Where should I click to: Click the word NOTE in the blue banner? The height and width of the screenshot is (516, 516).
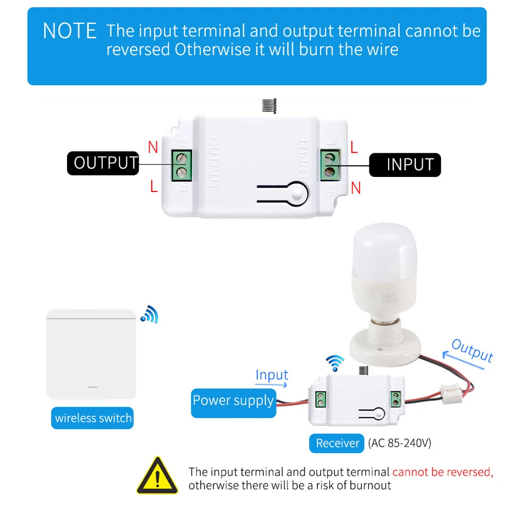70,31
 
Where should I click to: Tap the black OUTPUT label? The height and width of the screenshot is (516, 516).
103,163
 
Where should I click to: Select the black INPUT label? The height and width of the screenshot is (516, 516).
405,165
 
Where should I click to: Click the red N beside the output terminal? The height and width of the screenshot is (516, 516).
153,147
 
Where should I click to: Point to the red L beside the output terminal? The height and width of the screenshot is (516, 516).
154,186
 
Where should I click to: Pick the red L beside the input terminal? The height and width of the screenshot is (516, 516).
354,148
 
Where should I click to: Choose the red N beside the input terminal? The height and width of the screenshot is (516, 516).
356,188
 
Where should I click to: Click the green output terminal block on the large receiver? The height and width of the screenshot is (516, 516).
182,165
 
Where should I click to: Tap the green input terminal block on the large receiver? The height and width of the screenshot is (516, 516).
330,165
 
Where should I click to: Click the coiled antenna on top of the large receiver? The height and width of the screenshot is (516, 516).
269,106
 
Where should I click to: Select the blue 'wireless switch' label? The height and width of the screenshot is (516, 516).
92,418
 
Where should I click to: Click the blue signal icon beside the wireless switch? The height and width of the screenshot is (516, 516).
150,314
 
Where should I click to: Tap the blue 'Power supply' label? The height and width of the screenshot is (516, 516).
233,403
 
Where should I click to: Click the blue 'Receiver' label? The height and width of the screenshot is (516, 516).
336,443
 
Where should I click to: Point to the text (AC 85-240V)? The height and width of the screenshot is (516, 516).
399,443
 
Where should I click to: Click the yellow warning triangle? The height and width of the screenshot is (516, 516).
157,476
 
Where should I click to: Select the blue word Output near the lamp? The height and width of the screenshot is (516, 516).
472,351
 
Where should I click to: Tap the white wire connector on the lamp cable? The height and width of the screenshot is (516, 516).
451,394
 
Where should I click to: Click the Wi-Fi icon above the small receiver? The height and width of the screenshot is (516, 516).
335,363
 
